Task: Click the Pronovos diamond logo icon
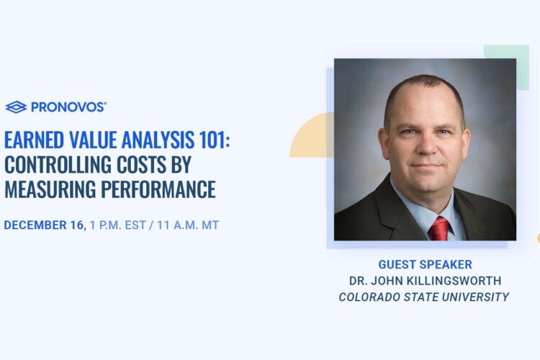[16, 107]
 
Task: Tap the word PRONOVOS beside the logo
[68, 107]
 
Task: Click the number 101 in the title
[212, 140]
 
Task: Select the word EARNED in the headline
[34, 140]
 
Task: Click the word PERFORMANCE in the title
[158, 189]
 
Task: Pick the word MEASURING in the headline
[50, 189]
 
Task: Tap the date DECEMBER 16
[45, 225]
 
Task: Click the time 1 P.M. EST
[118, 225]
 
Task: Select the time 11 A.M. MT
[188, 225]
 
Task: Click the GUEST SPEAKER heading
[425, 264]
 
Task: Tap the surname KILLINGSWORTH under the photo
[454, 281]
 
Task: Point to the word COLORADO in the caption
[369, 297]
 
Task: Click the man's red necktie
[439, 228]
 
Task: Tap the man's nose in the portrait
[427, 145]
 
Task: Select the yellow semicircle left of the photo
[312, 135]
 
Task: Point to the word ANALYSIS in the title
[158, 140]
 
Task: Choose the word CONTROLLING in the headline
[58, 165]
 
